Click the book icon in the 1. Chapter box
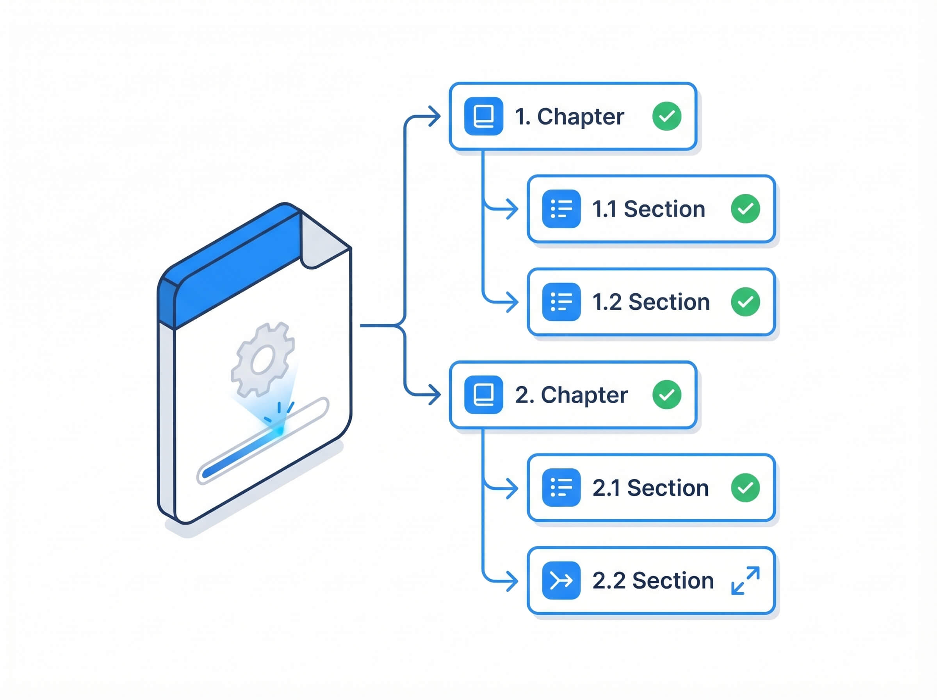pos(483,116)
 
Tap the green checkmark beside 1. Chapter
pos(667,116)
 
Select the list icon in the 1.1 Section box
pos(561,209)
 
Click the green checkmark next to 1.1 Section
pos(746,209)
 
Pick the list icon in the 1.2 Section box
pos(561,302)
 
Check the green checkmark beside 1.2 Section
pos(746,302)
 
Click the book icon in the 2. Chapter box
pos(483,395)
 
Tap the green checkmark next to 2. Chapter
pos(667,395)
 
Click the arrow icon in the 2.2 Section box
pos(561,580)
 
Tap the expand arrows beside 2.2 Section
pos(746,580)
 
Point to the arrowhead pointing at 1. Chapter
pos(435,116)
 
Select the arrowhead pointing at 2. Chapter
pos(435,395)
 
